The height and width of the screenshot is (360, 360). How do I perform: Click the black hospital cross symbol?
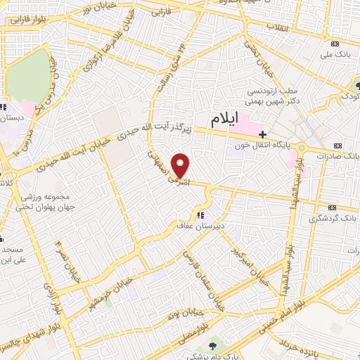(x=263, y=134)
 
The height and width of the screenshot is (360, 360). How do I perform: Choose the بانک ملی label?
(x=334, y=54)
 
